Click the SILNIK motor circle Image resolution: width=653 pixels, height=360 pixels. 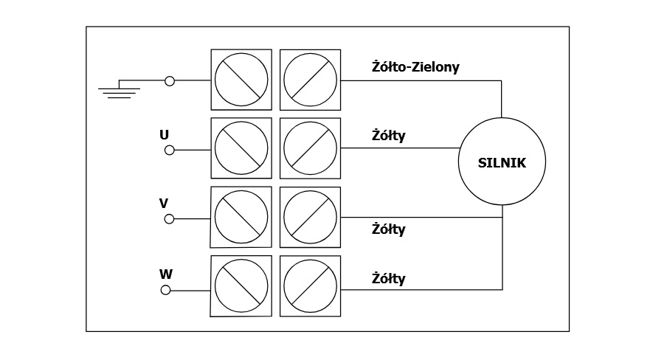(x=502, y=162)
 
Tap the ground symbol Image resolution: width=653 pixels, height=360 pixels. (x=119, y=90)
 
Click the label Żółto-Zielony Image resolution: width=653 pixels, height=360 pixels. (x=415, y=67)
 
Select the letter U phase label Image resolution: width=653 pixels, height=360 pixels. (x=164, y=135)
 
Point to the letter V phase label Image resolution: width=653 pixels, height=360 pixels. (x=164, y=203)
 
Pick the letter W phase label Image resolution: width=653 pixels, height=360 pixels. (x=166, y=274)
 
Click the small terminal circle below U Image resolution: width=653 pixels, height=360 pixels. (x=170, y=150)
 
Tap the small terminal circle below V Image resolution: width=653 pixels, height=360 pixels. (x=169, y=218)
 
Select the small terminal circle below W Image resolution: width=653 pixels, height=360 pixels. (x=165, y=290)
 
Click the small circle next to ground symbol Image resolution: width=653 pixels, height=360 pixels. (x=170, y=80)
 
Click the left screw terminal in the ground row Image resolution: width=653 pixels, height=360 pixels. (x=241, y=80)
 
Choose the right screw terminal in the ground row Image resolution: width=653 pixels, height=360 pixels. (x=310, y=80)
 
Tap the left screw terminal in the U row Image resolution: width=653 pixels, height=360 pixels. (x=241, y=148)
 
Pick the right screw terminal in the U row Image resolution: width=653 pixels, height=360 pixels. (x=310, y=148)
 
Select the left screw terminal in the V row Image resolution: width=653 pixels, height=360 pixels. (x=241, y=217)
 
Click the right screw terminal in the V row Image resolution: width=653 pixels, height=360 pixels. (x=310, y=217)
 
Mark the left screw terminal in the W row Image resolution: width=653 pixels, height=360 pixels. (x=241, y=285)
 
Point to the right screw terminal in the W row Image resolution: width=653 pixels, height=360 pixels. (x=310, y=285)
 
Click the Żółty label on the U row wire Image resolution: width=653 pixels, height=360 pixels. (x=389, y=136)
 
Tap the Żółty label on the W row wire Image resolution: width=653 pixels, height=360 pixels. (x=389, y=279)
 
